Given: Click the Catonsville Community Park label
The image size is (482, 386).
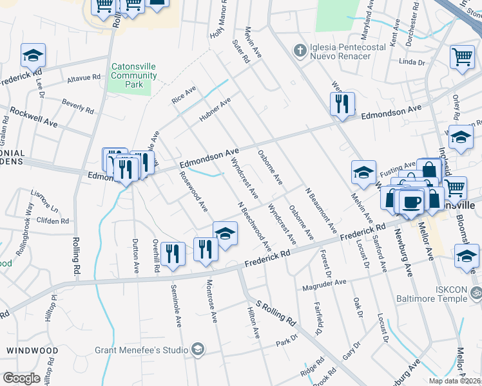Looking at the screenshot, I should tap(134, 75).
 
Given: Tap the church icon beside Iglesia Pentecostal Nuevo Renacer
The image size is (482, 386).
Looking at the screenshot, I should tap(298, 50).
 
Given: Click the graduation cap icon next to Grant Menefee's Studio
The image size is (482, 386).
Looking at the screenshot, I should tap(198, 350).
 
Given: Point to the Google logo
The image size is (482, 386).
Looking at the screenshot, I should tap(21, 378).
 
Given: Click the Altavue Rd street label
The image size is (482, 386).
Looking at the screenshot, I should tap(84, 78).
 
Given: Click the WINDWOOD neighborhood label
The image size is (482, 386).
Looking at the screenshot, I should tap(28, 350).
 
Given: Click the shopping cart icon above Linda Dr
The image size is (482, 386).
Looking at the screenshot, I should tap(462, 57).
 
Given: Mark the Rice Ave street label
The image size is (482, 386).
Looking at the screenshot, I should tap(183, 96).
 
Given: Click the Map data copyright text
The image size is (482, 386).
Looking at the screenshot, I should tap(454, 381).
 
